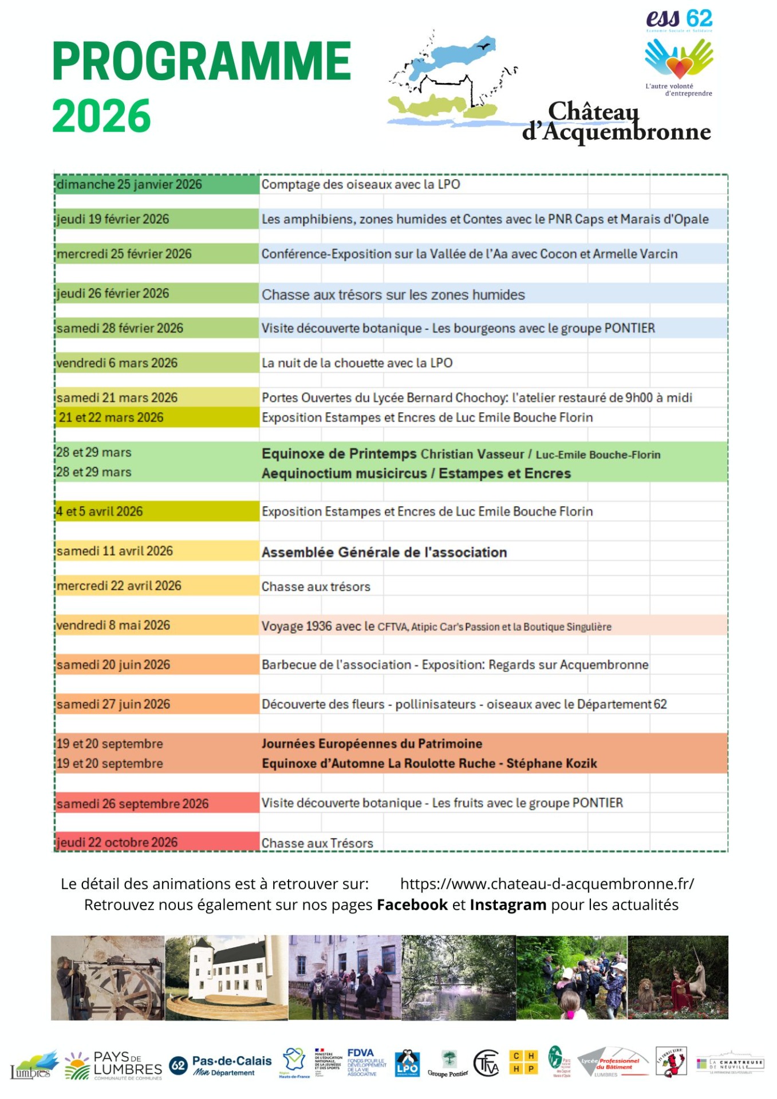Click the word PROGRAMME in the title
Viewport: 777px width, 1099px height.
[202, 61]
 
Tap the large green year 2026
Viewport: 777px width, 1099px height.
[101, 116]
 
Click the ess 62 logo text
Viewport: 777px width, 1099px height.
[679, 19]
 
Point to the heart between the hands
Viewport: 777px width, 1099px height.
[679, 66]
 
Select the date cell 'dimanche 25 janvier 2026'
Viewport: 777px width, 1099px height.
[129, 184]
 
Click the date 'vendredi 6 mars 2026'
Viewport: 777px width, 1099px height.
[117, 363]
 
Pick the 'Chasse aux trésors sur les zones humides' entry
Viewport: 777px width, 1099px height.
[393, 295]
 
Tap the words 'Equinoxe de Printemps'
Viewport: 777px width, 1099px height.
[339, 454]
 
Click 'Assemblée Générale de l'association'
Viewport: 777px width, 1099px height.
[384, 552]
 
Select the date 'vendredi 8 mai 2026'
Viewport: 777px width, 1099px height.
[113, 625]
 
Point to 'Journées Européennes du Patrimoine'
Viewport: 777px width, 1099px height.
[372, 744]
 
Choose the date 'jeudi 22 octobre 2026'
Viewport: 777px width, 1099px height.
[117, 842]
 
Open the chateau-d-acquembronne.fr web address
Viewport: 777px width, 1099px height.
[547, 884]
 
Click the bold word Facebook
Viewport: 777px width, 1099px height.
[412, 905]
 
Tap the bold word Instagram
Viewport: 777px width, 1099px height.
[508, 905]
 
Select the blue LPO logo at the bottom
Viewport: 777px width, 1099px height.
[407, 1064]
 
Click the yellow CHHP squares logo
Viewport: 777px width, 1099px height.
[523, 1063]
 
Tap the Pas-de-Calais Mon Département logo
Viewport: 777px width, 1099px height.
[221, 1065]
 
